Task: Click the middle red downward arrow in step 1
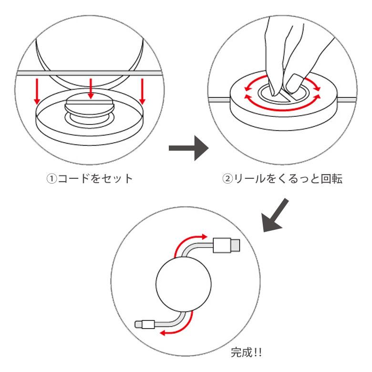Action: [90, 89]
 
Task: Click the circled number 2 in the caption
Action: [228, 180]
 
